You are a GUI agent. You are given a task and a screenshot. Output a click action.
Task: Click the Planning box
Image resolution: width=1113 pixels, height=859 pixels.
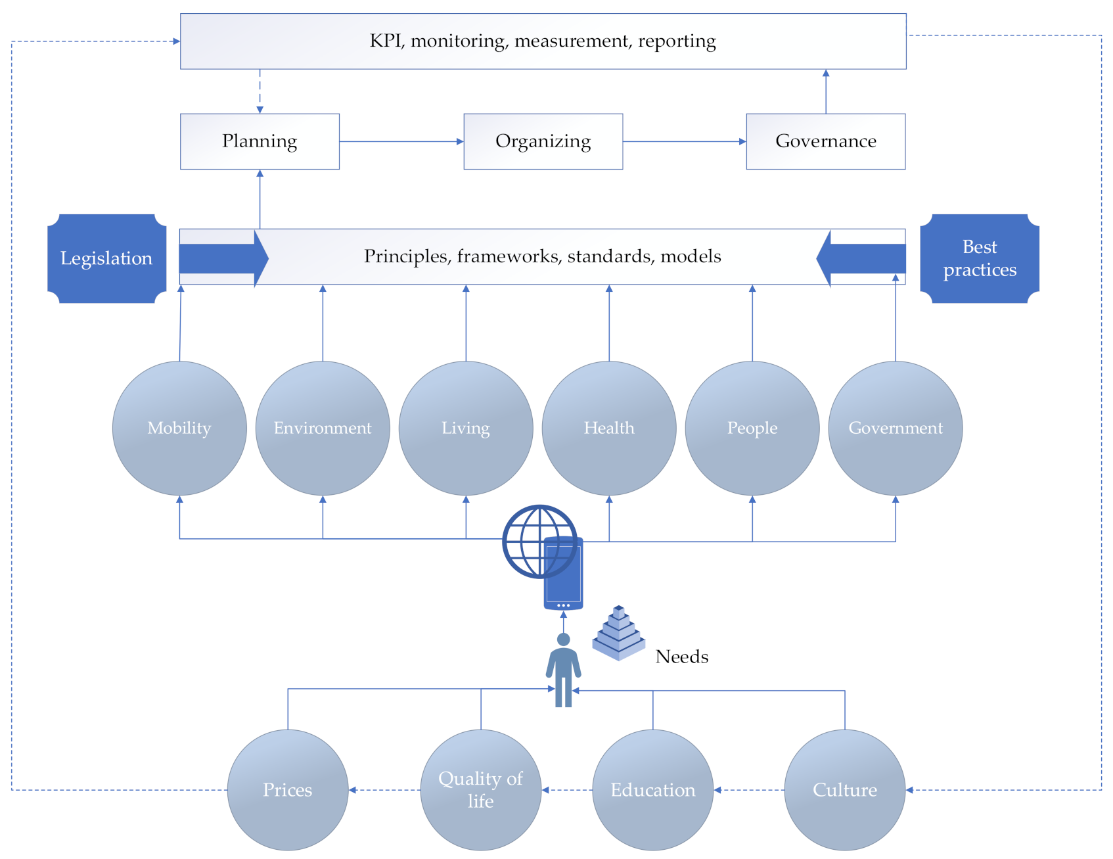tap(260, 141)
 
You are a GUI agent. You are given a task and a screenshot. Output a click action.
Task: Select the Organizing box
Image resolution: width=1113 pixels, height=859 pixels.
tap(543, 141)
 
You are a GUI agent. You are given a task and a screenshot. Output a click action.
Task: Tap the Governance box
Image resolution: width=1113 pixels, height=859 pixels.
tap(825, 141)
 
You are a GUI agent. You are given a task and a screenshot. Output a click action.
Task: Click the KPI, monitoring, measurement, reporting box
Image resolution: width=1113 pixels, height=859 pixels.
tap(543, 41)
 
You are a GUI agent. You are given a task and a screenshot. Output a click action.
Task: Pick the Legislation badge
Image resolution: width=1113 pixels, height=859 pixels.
tap(106, 258)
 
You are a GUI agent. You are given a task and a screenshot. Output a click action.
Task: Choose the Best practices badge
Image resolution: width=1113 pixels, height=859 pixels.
tap(979, 258)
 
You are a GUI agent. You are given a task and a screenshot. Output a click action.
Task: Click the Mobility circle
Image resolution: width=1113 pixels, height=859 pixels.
tap(179, 428)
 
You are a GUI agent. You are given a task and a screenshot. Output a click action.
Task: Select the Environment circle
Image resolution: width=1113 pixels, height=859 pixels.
tap(323, 428)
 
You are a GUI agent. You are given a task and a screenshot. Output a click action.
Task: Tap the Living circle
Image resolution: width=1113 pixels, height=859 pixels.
tap(466, 428)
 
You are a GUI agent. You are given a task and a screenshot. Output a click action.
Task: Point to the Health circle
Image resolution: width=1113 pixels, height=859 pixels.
tap(609, 428)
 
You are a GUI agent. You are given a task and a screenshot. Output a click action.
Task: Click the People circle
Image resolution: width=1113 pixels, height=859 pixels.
tap(752, 428)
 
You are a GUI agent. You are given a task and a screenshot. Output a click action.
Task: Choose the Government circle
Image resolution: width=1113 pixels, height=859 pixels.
tap(896, 428)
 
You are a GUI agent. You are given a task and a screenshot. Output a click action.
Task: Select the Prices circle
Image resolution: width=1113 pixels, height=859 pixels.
tap(288, 789)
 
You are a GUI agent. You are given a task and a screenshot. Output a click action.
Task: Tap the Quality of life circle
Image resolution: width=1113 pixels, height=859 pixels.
tap(481, 789)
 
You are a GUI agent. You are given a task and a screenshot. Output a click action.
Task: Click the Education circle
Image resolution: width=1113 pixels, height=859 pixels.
tap(653, 789)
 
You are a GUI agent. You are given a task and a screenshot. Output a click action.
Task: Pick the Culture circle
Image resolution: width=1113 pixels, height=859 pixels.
tap(845, 789)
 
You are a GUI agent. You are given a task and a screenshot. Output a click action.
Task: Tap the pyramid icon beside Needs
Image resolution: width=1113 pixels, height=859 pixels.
tap(618, 634)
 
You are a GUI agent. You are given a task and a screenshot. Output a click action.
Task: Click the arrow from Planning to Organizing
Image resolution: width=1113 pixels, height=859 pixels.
tap(401, 141)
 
